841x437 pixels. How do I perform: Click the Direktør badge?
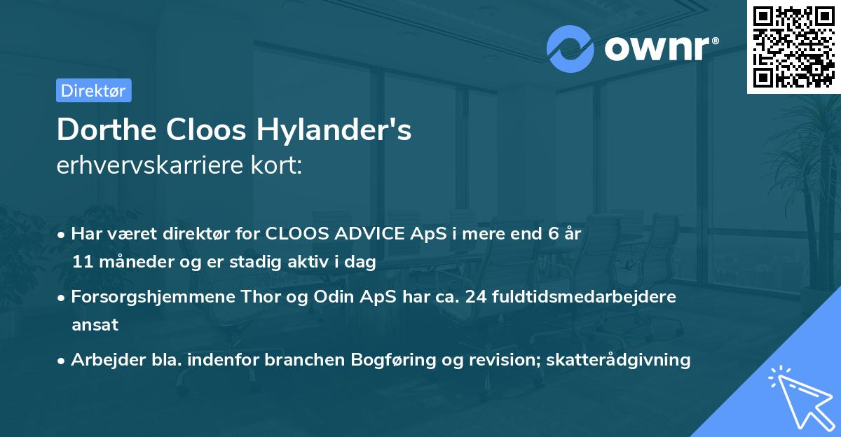click(x=93, y=90)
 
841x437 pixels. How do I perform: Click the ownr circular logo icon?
click(x=570, y=48)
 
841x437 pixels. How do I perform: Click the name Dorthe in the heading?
click(x=107, y=130)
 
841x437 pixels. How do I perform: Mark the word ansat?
click(x=95, y=325)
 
